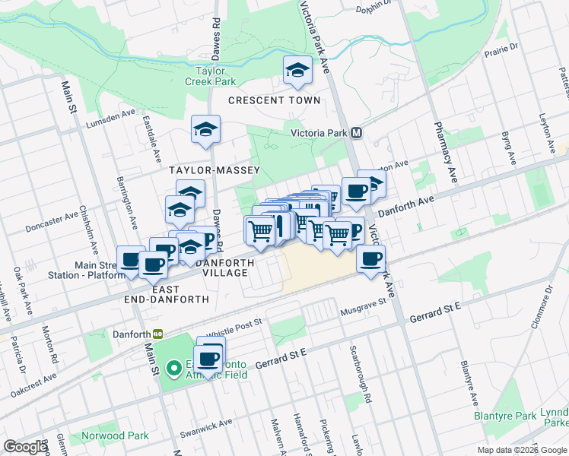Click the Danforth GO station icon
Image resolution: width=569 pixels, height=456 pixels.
(158, 334)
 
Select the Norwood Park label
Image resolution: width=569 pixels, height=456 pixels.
(106, 435)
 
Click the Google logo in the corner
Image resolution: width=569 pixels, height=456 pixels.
(25, 447)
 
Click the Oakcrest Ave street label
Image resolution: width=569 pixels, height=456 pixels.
(34, 384)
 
